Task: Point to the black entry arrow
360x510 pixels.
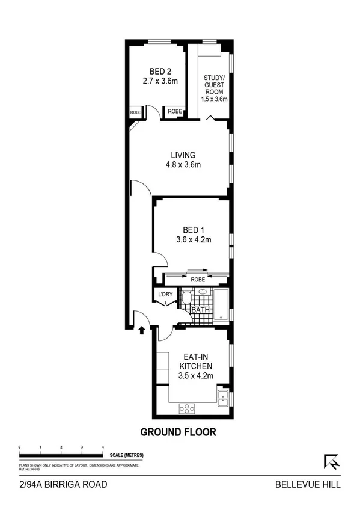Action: coord(142,330)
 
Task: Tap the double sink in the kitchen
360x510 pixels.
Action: coord(223,395)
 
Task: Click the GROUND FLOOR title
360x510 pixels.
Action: coord(178,432)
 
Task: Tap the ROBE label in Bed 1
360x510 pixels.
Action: coord(197,280)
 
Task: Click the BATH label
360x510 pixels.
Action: coord(200,310)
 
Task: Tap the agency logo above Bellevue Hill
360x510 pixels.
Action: coord(331,461)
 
